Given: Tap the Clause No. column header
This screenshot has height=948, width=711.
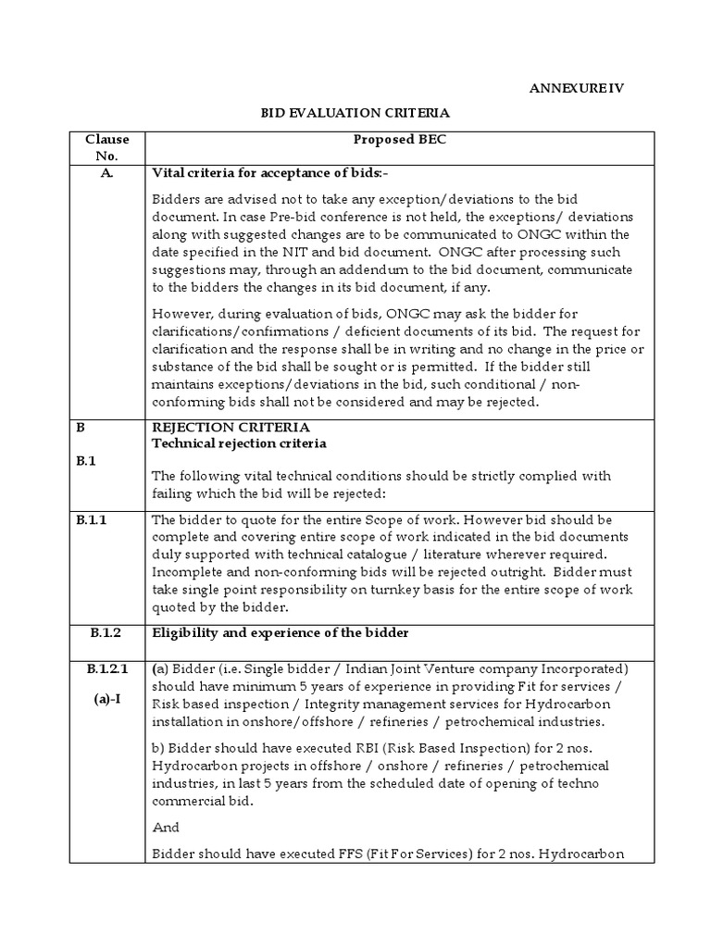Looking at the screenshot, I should (x=107, y=146).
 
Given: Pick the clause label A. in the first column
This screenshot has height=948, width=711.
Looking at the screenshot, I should (x=107, y=173).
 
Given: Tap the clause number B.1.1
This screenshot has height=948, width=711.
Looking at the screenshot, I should (x=92, y=520).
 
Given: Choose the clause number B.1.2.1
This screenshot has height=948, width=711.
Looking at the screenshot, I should (x=107, y=668).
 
